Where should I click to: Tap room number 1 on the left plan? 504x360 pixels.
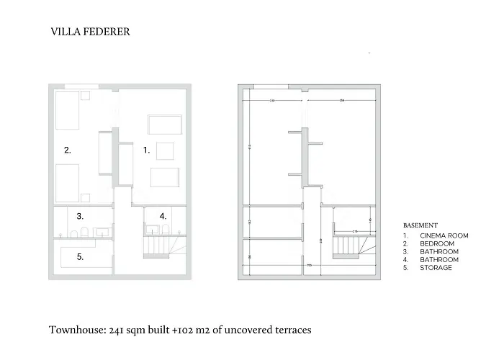[x=146, y=150]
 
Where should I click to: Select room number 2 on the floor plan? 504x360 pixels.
[x=67, y=150]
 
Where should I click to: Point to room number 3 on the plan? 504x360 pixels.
[x=81, y=215]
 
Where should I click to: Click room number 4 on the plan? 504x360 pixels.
[x=163, y=215]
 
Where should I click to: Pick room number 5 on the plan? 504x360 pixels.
[x=81, y=256]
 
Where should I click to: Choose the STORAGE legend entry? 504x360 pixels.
[x=436, y=268]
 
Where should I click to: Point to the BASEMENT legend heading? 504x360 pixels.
[x=420, y=225]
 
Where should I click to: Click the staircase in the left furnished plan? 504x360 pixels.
[x=157, y=247]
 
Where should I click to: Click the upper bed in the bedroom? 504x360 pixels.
[x=68, y=109]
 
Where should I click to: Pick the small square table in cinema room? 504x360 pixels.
[x=165, y=150]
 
